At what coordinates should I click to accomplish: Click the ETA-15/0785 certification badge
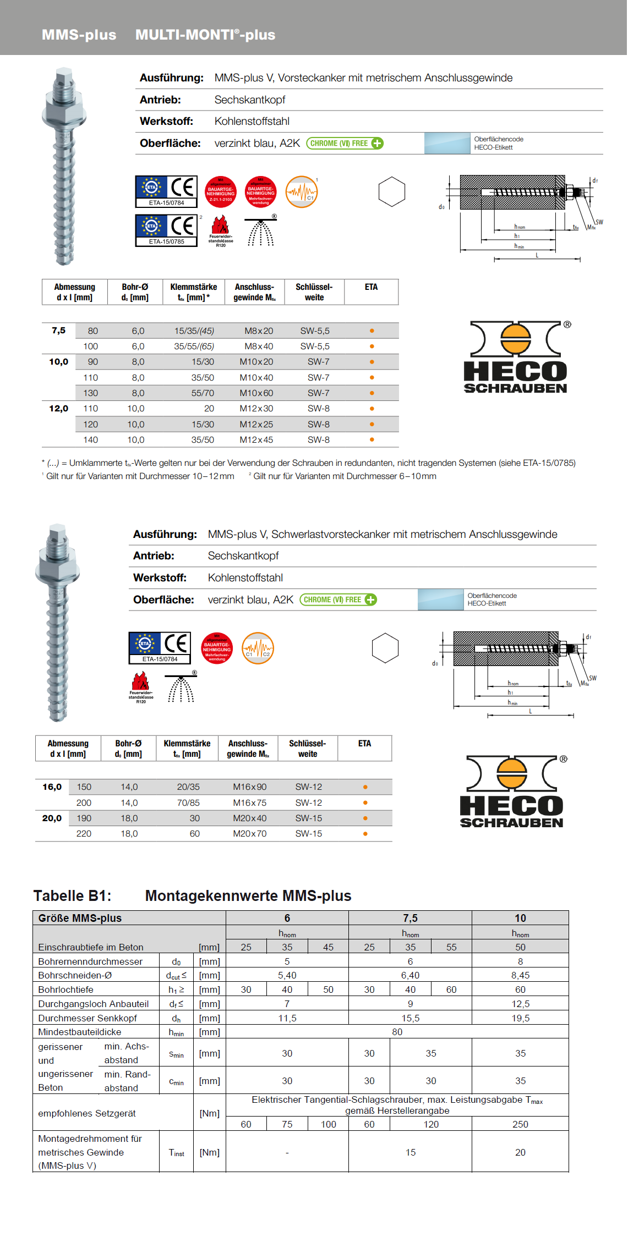[166, 230]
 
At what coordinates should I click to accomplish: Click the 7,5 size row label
[58, 331]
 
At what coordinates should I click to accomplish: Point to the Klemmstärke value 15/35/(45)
[194, 331]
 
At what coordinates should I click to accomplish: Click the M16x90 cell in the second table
[249, 787]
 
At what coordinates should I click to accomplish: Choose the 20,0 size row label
[52, 818]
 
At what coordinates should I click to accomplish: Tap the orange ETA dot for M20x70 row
[365, 834]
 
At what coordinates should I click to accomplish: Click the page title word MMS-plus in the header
[79, 35]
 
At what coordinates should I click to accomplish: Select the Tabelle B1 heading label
[72, 896]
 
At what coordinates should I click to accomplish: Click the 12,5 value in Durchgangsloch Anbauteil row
[520, 1004]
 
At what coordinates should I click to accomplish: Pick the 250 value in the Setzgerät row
[520, 1124]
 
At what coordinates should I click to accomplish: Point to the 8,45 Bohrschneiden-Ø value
[520, 975]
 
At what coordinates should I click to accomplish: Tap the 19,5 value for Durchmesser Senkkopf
[520, 1018]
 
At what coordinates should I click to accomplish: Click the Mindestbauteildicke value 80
[397, 1032]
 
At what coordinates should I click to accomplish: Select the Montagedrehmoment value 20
[520, 1152]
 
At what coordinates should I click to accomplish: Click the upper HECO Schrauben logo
[515, 357]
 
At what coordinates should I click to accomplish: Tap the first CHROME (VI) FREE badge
[345, 144]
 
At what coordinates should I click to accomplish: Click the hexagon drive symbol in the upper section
[392, 191]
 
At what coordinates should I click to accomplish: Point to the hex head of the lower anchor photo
[57, 572]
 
